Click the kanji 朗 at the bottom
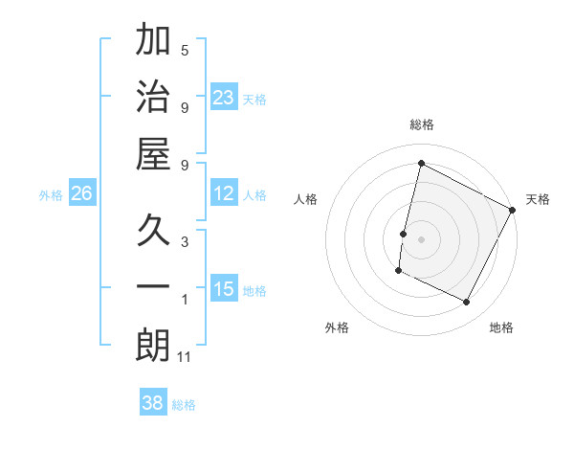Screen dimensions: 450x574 click(x=153, y=346)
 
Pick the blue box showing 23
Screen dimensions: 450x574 click(x=224, y=97)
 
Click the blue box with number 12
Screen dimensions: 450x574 click(x=224, y=193)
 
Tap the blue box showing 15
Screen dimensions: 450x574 click(x=224, y=289)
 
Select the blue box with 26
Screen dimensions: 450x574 click(x=81, y=193)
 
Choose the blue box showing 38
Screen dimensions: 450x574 click(x=153, y=403)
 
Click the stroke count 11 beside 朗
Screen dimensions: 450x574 click(x=185, y=357)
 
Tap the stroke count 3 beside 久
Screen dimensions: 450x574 click(x=185, y=242)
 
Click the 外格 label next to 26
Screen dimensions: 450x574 click(x=51, y=194)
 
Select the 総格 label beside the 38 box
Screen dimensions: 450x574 click(x=184, y=404)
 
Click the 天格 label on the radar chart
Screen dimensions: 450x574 click(x=538, y=199)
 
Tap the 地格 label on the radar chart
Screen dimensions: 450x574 click(x=501, y=327)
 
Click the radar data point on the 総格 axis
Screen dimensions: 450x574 click(x=421, y=163)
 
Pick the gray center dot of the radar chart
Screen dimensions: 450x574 click(x=421, y=239)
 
